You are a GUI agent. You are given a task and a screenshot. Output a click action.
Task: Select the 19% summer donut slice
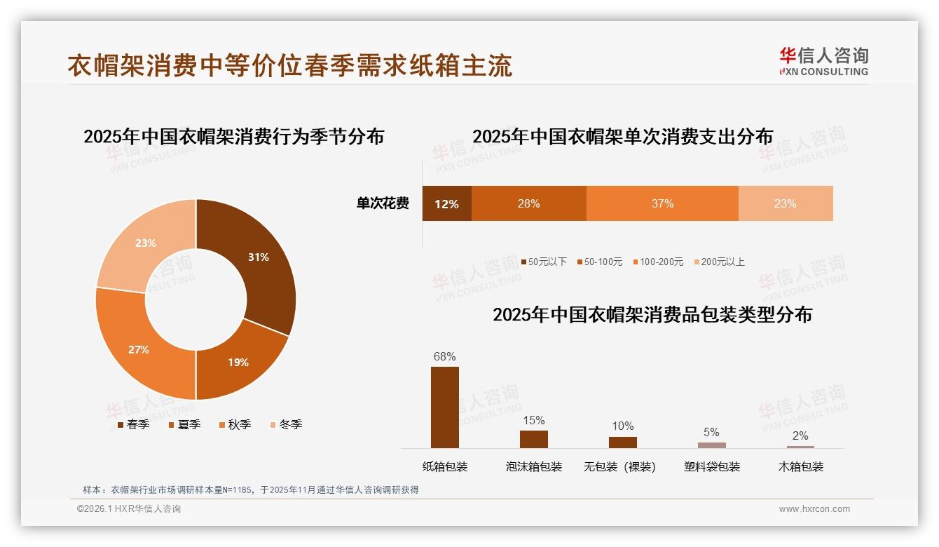click(238, 362)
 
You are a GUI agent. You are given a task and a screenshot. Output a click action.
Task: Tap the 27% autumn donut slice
click(139, 349)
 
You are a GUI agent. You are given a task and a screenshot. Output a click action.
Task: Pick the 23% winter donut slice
click(146, 243)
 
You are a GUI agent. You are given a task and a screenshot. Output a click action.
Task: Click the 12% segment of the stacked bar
click(446, 204)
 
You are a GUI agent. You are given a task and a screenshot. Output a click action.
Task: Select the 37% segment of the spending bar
click(662, 204)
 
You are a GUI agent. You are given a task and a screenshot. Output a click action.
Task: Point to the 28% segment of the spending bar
click(528, 204)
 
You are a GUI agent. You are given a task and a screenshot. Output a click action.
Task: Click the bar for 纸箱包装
click(445, 407)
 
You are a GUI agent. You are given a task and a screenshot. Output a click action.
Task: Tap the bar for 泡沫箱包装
click(533, 439)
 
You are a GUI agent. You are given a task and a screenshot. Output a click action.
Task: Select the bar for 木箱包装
click(800, 447)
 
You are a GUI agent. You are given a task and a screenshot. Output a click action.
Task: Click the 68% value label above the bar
click(445, 356)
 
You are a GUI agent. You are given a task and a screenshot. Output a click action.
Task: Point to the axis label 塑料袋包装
click(712, 467)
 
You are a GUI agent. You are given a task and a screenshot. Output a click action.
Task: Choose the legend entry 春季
click(134, 425)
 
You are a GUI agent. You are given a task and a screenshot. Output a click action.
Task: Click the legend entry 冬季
click(286, 425)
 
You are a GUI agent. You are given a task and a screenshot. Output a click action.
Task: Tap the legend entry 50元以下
click(544, 262)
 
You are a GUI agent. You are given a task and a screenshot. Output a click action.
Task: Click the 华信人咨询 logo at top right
click(823, 62)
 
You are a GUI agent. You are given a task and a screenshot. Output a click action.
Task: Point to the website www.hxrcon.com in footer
click(814, 509)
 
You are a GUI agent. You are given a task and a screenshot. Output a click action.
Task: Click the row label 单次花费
click(383, 204)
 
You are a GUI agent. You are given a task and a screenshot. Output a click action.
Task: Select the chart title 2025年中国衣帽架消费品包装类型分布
click(652, 315)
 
